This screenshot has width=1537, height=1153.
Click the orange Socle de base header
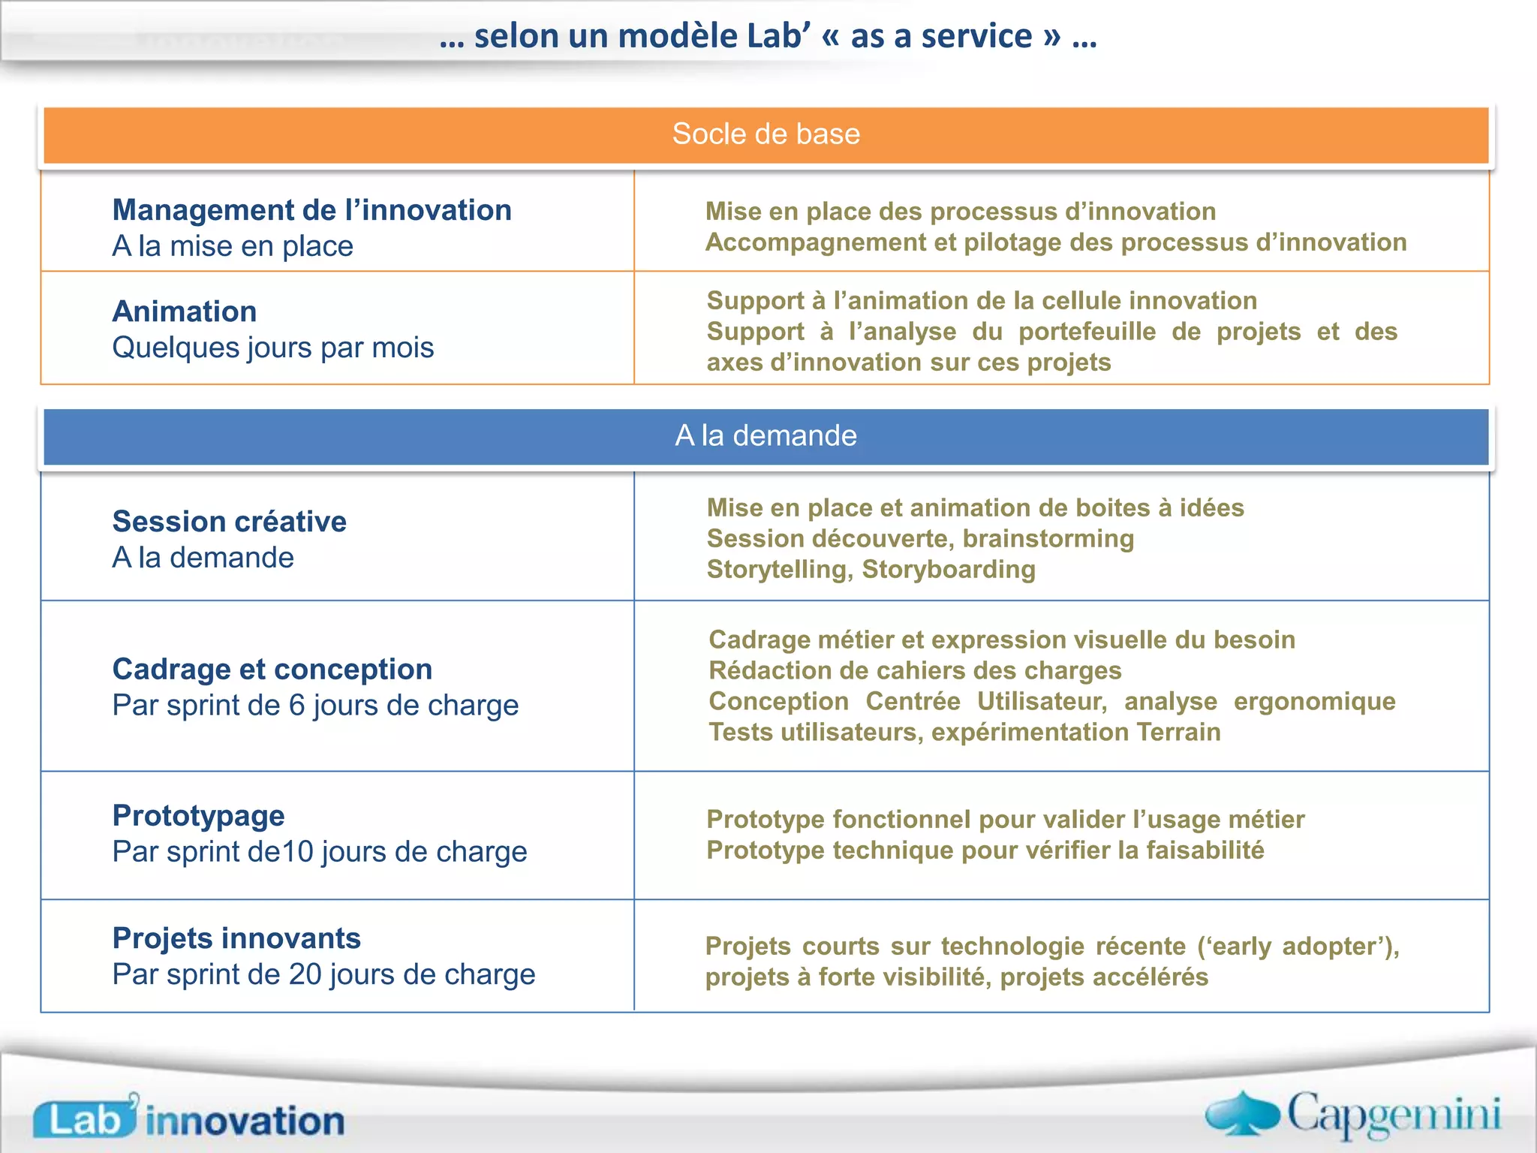pos(765,134)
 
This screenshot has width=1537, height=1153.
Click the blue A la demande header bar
pos(765,436)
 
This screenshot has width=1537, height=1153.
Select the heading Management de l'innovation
pos(311,210)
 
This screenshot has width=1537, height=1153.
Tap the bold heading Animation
pos(185,312)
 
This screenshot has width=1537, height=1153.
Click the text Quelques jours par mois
pos(272,348)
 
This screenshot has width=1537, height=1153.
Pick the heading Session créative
pos(229,522)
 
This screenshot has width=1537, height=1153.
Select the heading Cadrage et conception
pos(272,669)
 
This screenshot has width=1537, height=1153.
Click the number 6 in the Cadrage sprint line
pos(297,706)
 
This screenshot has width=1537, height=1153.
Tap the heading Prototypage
pos(198,816)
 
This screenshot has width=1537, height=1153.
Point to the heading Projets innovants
pos(236,938)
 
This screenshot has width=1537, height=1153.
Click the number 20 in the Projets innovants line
pos(305,974)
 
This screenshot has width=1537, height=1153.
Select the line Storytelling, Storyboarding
pos(871,570)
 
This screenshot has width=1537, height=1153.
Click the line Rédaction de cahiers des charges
pos(915,670)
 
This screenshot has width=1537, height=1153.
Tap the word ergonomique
pos(1314,701)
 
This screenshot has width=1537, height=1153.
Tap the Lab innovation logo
pos(188,1118)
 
